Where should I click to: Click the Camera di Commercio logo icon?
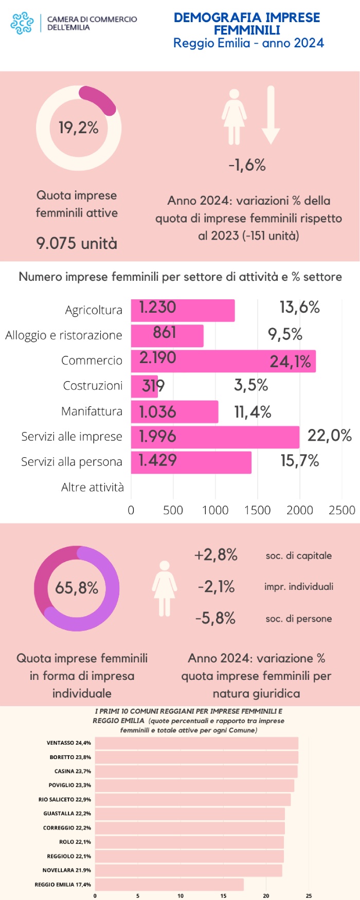click(x=22, y=23)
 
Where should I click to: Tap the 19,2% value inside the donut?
click(x=78, y=128)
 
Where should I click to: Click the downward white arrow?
click(x=271, y=115)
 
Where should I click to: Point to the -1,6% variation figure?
click(x=247, y=165)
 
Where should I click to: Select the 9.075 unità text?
click(x=77, y=243)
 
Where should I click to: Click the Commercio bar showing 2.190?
click(x=223, y=361)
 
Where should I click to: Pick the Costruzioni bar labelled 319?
click(x=145, y=386)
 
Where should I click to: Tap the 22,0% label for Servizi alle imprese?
click(x=329, y=436)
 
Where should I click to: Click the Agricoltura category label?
click(x=94, y=310)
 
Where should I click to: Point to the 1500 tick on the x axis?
click(x=257, y=510)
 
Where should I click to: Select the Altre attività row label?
click(x=93, y=487)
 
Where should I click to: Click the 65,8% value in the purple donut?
click(x=77, y=588)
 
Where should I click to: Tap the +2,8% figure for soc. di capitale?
click(x=215, y=555)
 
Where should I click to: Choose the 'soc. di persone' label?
click(x=298, y=619)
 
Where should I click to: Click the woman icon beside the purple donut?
click(x=165, y=588)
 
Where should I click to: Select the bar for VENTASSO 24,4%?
click(x=196, y=743)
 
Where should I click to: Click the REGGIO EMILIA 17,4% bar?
click(x=169, y=885)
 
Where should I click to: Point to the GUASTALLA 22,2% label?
click(x=67, y=814)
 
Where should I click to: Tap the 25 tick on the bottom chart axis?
click(x=309, y=896)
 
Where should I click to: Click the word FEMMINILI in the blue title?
click(x=247, y=30)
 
